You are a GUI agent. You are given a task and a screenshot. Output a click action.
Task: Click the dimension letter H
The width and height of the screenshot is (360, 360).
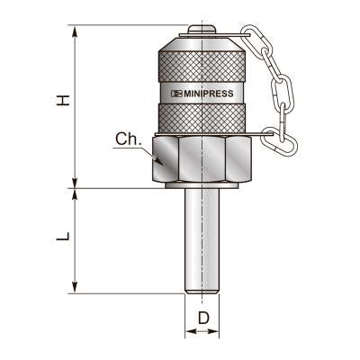[x=63, y=100]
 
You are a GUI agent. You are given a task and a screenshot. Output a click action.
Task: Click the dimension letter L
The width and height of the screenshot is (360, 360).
[x=63, y=236]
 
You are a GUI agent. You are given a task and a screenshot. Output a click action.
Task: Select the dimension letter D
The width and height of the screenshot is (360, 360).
[x=203, y=318]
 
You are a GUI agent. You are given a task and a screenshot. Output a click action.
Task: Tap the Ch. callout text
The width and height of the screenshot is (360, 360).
[x=129, y=139]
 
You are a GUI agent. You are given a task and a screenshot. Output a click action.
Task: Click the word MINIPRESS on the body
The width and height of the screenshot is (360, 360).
[x=209, y=94]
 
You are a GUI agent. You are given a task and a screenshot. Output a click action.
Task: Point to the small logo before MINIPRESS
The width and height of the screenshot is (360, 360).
[x=176, y=94]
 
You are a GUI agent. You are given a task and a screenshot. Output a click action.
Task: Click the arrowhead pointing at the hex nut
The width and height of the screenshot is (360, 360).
[x=158, y=160]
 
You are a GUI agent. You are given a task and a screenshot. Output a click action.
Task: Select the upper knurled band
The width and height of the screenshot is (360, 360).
[x=202, y=67]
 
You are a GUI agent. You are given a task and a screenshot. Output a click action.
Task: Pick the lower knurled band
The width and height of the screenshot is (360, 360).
[x=202, y=118]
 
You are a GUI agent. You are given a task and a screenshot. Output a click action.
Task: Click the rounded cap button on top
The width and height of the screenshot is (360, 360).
[x=202, y=29]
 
